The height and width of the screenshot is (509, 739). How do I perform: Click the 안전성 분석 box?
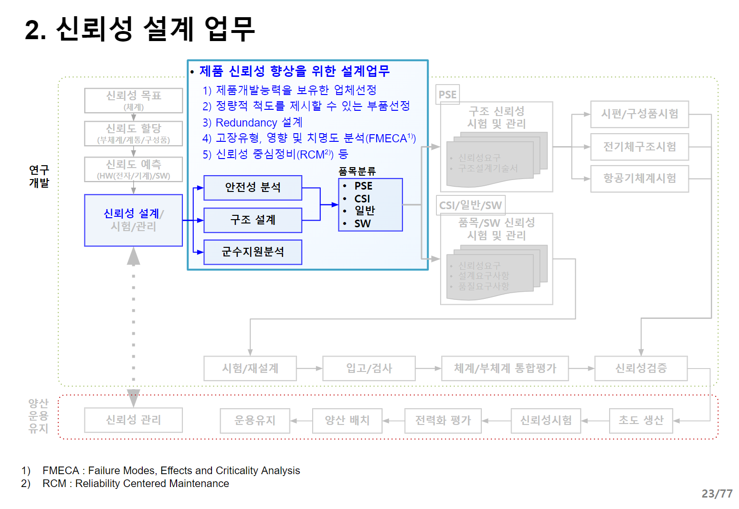coord(253,188)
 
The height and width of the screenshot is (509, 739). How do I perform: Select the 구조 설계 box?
coord(253,220)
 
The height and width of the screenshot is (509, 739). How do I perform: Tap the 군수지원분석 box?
coord(253,252)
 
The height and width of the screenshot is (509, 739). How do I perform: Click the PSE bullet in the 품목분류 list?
coord(363,186)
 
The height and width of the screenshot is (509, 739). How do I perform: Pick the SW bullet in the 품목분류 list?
coord(362,223)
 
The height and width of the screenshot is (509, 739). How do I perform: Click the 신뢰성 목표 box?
coord(134,100)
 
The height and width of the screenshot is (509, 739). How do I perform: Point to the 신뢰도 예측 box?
coord(134,169)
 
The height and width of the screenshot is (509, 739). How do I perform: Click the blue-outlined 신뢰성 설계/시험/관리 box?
coord(134,220)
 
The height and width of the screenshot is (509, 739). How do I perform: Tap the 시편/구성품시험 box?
coord(639,114)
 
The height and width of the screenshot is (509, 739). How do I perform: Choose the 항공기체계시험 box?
coord(639,179)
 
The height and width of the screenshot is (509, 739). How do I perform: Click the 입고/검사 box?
coord(369,368)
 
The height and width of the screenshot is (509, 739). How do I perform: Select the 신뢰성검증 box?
coord(641,368)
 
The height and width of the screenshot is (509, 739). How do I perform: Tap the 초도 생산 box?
coord(641,420)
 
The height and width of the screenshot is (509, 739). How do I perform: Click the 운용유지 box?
coord(255,420)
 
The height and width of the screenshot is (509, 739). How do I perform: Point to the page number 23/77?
coord(717,494)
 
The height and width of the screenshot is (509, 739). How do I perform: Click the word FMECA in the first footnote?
coord(61,471)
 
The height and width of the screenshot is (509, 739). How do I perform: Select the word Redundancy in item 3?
coord(246,123)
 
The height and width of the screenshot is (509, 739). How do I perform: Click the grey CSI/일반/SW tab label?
coord(470,205)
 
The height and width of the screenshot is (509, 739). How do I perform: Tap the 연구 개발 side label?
coord(39,176)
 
